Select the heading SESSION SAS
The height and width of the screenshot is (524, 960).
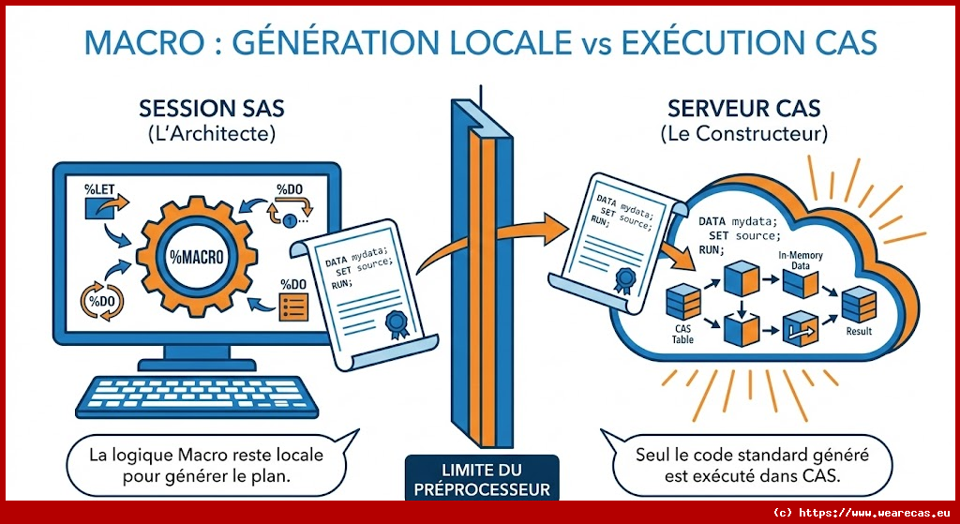[212, 109]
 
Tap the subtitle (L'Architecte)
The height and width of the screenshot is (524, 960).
[212, 134]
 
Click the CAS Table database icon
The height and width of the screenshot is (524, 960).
[682, 302]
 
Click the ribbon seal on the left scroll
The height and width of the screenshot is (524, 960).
[397, 324]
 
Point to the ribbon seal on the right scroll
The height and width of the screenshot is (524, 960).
[621, 279]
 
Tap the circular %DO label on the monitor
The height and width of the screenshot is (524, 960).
[100, 300]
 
